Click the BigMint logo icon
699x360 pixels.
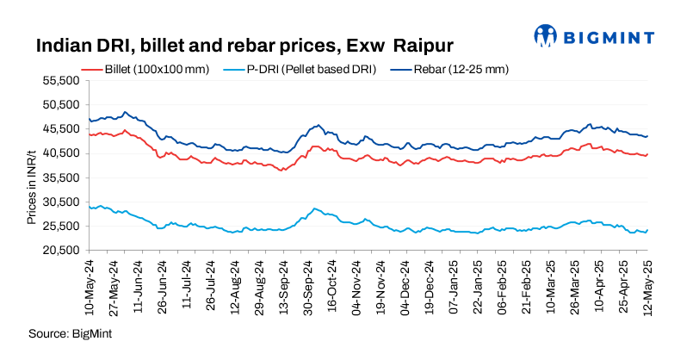tap(545, 35)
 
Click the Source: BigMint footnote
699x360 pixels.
tap(71, 332)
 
